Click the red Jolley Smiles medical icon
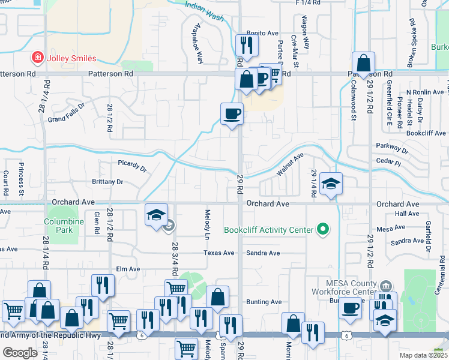coord(37,58)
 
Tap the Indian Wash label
coord(204,11)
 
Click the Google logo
coord(20,353)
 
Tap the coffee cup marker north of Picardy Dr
coord(232,113)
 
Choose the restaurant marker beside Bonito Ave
coord(247,44)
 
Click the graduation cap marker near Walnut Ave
coord(330,184)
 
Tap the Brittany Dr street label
coord(107,182)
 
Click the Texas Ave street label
coord(218,253)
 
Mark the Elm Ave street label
coord(128,269)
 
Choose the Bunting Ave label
coord(264,302)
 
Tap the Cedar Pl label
coord(387,163)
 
